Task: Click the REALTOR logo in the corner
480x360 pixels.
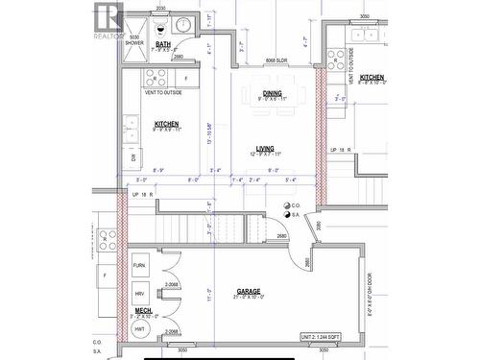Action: [x=107, y=18]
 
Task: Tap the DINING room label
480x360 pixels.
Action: [x=273, y=93]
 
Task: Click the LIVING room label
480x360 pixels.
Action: [x=265, y=149]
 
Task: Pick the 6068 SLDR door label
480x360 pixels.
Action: [x=274, y=59]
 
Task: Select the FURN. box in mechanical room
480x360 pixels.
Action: [x=139, y=265]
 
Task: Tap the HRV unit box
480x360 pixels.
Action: [x=139, y=294]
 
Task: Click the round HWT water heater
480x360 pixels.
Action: [x=139, y=328]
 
